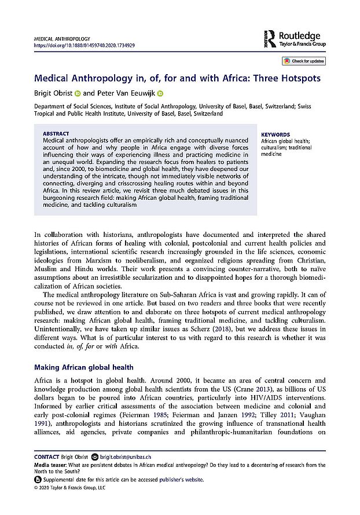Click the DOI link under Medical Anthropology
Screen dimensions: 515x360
pyautogui.click(x=85, y=45)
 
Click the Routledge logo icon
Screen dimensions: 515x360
pyautogui.click(x=269, y=38)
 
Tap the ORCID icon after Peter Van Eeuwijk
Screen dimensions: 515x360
pyautogui.click(x=160, y=93)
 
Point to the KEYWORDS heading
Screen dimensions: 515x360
pyautogui.click(x=275, y=134)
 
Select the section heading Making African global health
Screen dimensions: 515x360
pyautogui.click(x=84, y=367)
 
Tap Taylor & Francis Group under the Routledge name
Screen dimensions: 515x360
pyautogui.click(x=302, y=42)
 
